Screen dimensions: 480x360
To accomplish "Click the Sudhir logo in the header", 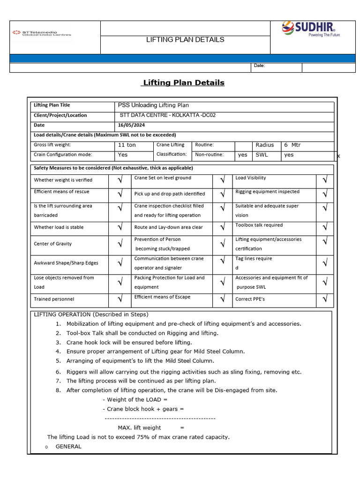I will pos(311,30).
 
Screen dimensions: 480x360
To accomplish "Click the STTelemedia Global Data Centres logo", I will pos(41,33).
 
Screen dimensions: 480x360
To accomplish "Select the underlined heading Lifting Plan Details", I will pos(183,82).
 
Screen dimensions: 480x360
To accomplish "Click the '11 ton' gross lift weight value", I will pos(127,145).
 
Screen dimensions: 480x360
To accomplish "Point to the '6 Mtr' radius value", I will pos(292,145).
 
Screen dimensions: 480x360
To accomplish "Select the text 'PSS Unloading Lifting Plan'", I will pos(153,105).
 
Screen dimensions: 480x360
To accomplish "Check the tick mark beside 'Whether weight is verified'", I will pos(120,180).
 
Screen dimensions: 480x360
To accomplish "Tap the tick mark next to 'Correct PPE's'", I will pos(324,299).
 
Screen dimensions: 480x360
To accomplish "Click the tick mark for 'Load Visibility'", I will pos(324,180).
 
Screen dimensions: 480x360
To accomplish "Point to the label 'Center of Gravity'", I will pos(53,244).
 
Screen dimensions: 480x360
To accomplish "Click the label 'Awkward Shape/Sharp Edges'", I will pos(60,263).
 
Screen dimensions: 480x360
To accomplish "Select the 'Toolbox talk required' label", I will pos(259,225).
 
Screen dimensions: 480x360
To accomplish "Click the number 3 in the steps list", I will pos(58,343).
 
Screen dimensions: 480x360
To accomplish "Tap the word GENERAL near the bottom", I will pos(68,446).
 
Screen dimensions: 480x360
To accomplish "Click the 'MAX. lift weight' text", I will pos(139,427).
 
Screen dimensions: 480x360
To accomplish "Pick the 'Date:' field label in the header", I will pos(259,66).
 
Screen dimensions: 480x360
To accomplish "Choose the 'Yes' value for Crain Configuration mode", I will pos(123,155).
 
